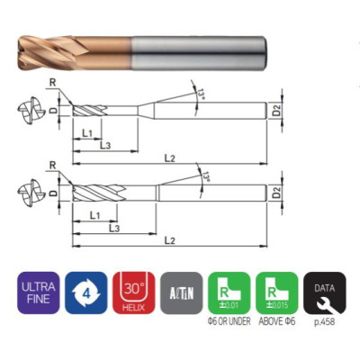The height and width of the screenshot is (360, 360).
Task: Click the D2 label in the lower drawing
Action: click(277, 193)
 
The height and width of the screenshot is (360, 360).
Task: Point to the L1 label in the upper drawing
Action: click(87, 132)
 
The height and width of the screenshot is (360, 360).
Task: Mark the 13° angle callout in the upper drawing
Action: click(199, 91)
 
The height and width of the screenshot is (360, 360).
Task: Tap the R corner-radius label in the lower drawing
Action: click(53, 166)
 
